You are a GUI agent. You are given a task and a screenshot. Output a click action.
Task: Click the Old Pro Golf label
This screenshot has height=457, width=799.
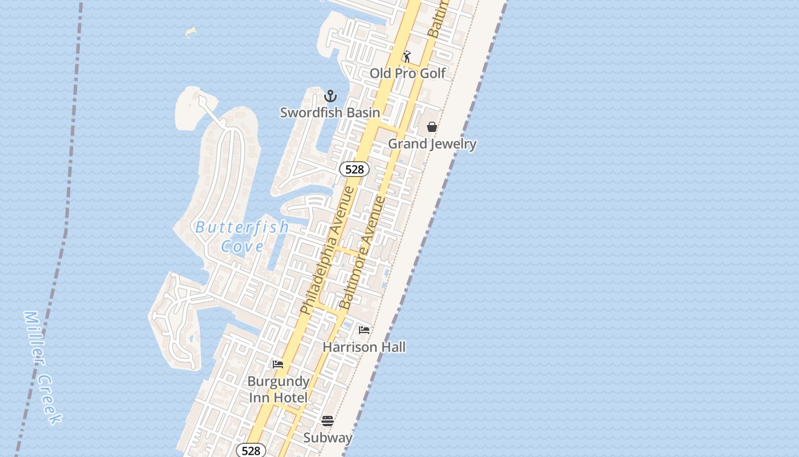(x=407, y=73)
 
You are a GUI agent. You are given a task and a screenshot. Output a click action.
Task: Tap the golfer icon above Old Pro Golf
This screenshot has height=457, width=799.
(x=407, y=57)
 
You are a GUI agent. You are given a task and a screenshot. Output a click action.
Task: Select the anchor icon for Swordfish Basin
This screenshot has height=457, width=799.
(x=330, y=96)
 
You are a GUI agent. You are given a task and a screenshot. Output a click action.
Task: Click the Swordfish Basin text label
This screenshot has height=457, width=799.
(x=330, y=113)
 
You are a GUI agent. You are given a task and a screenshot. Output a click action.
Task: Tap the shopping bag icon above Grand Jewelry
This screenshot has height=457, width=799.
(x=432, y=126)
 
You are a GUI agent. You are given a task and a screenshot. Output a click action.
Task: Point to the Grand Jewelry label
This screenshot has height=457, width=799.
(x=432, y=143)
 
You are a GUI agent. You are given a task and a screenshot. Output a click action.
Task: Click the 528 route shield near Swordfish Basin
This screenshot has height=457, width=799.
(x=354, y=169)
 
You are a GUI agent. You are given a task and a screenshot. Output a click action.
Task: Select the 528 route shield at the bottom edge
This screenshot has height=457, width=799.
(x=251, y=450)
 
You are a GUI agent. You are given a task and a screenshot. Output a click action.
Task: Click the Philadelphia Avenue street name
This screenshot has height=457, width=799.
(x=328, y=250)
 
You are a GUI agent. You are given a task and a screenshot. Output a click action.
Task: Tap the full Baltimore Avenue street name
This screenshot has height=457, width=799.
(x=363, y=252)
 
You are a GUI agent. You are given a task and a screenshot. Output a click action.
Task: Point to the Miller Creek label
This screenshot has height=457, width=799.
(x=42, y=367)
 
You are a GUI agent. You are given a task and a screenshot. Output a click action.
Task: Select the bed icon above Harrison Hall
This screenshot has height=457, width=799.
(x=364, y=330)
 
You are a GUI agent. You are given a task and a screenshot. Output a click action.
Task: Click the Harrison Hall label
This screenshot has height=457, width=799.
(x=364, y=347)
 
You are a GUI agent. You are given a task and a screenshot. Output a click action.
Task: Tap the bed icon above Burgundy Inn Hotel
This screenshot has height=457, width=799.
(x=278, y=364)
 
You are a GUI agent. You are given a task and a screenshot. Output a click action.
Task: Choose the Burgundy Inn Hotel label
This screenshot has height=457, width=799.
(x=278, y=389)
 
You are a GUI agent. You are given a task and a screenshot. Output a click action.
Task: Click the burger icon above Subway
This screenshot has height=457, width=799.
(x=328, y=421)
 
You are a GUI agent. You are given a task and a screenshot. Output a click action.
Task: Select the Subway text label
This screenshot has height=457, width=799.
(x=328, y=438)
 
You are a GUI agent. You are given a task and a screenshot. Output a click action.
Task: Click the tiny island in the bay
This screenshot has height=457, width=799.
(x=191, y=33)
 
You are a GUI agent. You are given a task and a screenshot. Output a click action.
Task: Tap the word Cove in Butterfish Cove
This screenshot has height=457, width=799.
(x=243, y=246)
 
